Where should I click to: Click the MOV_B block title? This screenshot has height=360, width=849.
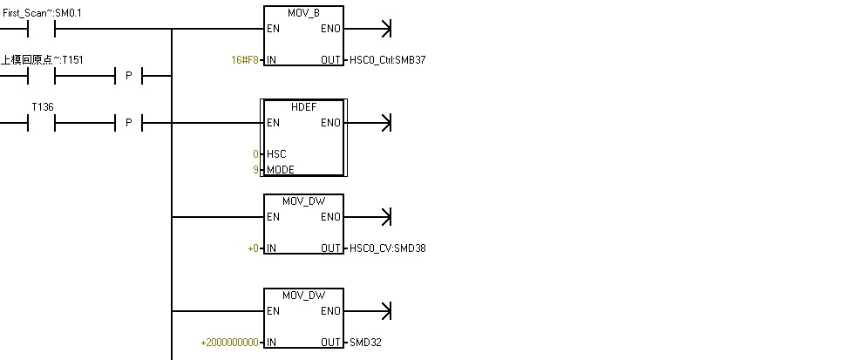pos(303,13)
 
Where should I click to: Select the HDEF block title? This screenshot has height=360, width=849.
pos(303,106)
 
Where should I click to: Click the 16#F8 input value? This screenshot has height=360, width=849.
pos(245,60)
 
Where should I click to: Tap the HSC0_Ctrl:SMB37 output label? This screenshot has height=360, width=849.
pos(387,60)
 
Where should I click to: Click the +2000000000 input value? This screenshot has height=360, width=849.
pos(230,343)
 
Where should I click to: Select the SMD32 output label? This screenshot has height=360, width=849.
pos(365,343)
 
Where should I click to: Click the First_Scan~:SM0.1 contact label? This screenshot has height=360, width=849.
pos(42,13)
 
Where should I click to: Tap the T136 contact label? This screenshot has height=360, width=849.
pos(42,106)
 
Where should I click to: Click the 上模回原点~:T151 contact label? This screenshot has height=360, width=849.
pos(42,59)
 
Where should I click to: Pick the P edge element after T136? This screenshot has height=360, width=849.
pos(128,123)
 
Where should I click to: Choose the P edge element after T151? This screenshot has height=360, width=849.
pos(128,76)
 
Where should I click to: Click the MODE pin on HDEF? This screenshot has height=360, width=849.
pos(281,170)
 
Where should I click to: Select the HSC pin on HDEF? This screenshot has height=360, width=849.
pos(277,154)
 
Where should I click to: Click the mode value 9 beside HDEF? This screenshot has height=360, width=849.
pos(255,170)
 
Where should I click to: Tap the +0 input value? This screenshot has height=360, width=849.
pos(253,248)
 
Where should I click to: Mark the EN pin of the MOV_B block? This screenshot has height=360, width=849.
pos(274,29)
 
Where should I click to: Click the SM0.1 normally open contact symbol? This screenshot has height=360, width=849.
pos(42,29)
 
